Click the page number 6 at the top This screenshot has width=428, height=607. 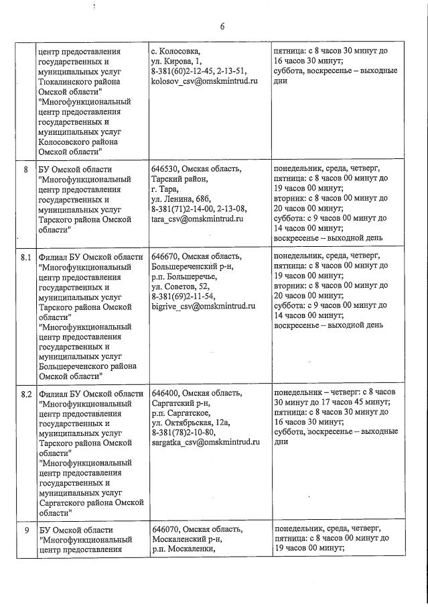(222, 27)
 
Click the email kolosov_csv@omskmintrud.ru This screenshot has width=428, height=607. (198, 80)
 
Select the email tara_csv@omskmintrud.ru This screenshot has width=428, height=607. (197, 219)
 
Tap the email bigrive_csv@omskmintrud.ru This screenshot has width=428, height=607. (204, 306)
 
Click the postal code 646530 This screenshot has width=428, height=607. (165, 170)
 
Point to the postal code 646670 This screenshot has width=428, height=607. (165, 256)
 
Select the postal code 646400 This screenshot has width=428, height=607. (165, 393)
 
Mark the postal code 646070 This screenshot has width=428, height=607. (165, 529)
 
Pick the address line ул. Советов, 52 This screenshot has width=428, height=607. (180, 286)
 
